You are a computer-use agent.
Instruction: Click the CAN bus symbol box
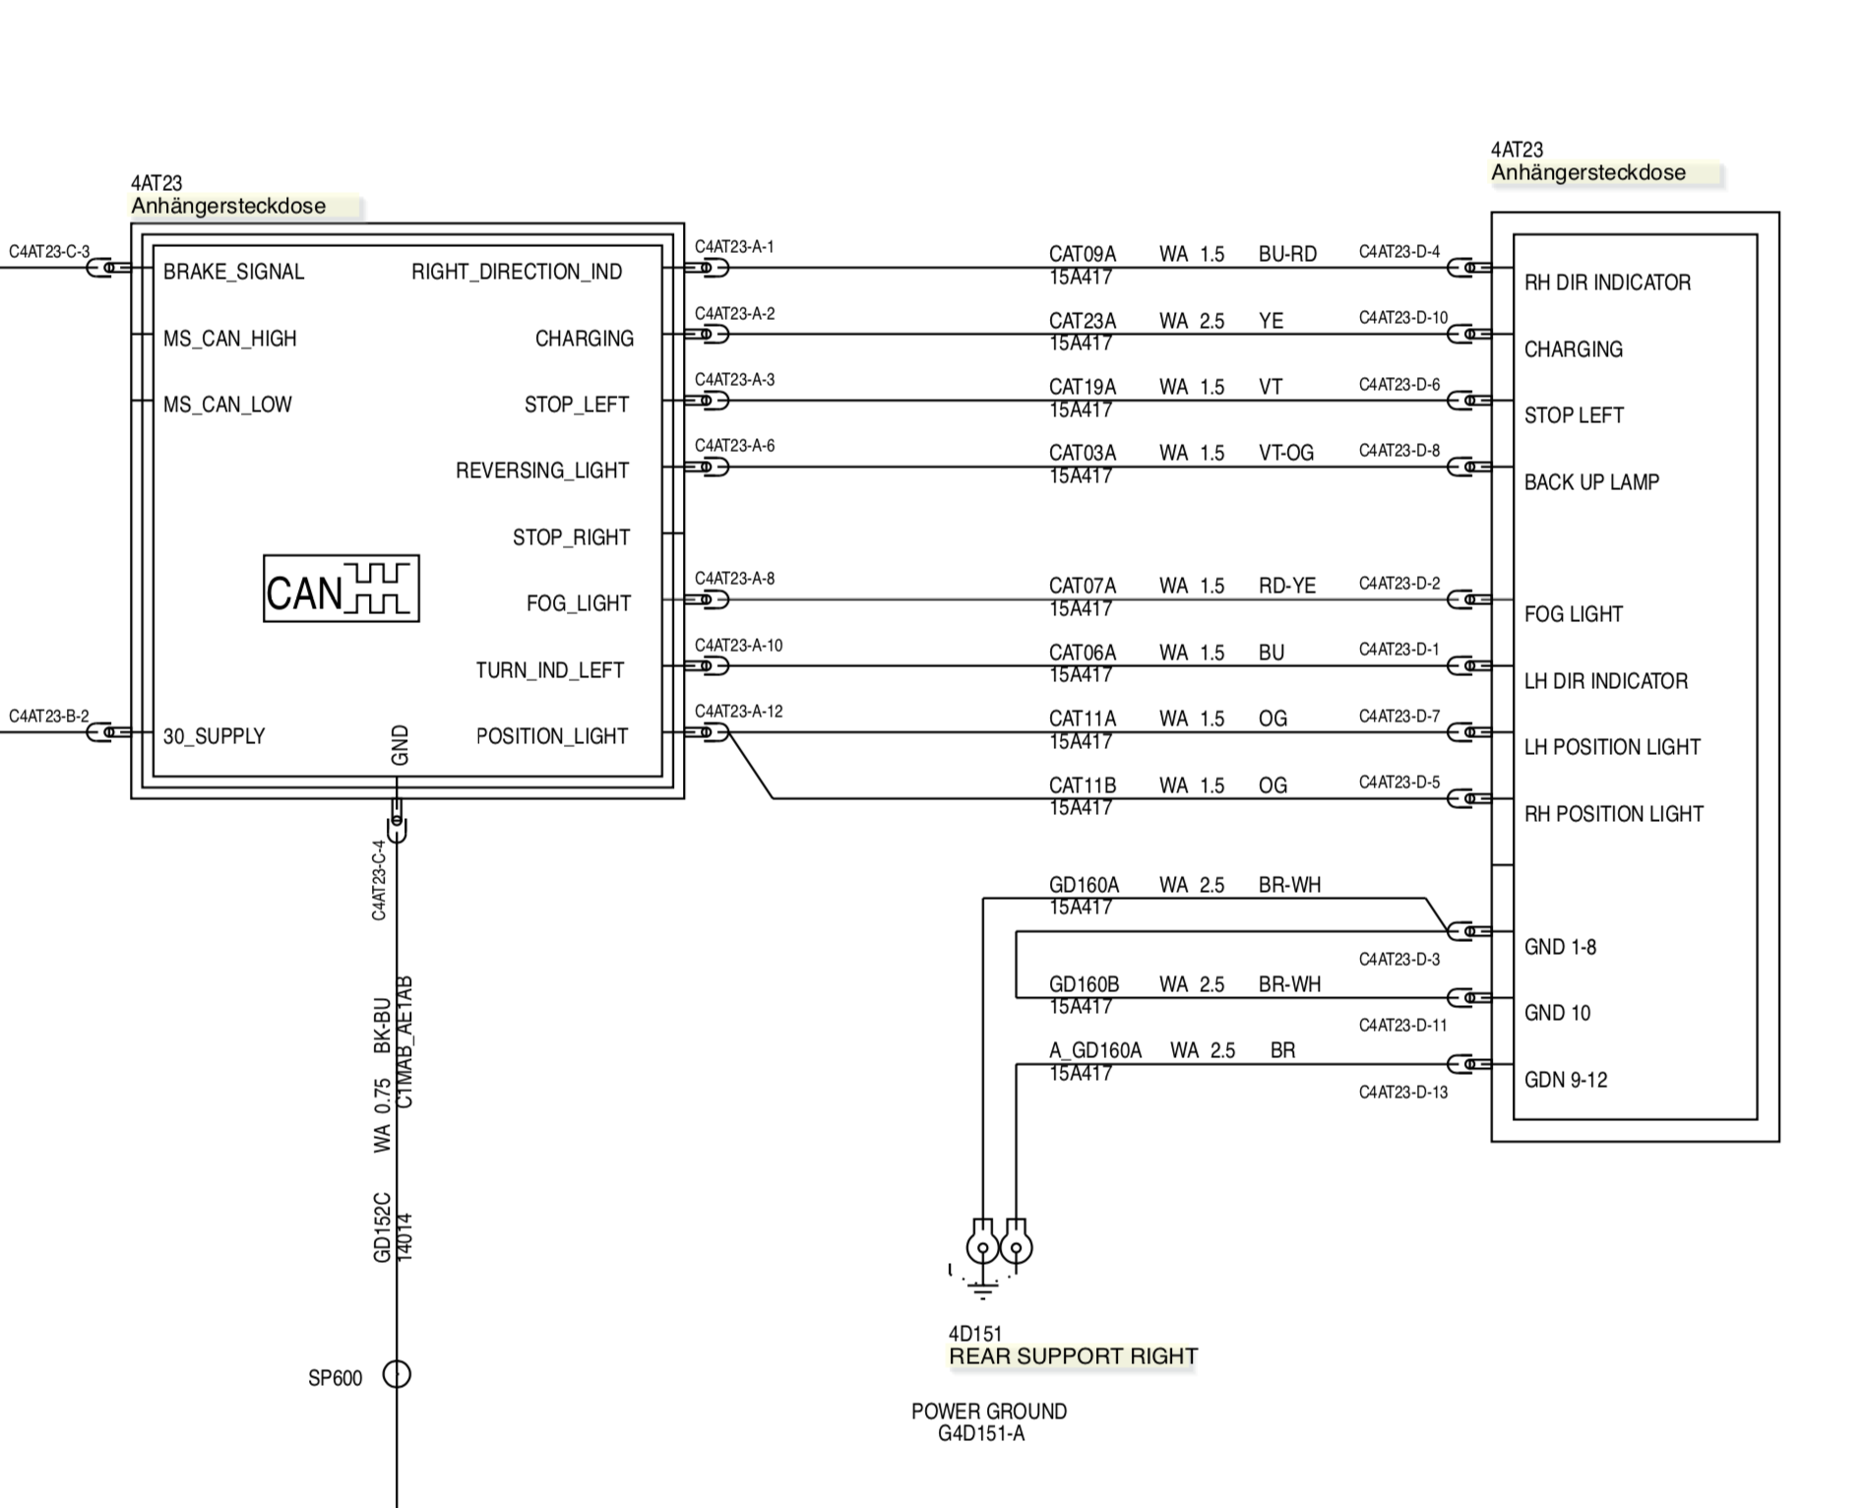[x=341, y=589]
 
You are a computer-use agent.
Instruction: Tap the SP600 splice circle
[x=397, y=1374]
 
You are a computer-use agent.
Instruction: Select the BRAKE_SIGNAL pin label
[x=233, y=272]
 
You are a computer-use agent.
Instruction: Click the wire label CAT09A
[x=1083, y=254]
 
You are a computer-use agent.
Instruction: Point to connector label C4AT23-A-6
[x=734, y=446]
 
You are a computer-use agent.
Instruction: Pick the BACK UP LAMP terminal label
[x=1591, y=482]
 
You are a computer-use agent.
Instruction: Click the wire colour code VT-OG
[x=1285, y=453]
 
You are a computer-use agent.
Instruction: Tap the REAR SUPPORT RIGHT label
[x=1073, y=1356]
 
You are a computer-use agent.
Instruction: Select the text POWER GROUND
[x=988, y=1412]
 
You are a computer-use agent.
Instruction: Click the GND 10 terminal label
[x=1557, y=1013]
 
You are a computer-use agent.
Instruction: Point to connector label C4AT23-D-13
[x=1402, y=1093]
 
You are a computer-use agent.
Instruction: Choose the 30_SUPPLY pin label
[x=214, y=736]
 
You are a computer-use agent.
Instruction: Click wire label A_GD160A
[x=1094, y=1050]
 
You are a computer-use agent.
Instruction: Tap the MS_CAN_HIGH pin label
[x=229, y=339]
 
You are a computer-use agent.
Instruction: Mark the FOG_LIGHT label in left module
[x=578, y=603]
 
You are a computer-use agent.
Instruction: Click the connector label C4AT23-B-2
[x=49, y=717]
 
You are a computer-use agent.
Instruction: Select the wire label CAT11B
[x=1083, y=785]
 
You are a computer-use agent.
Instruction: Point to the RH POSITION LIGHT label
[x=1613, y=814]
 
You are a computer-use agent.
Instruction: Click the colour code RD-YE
[x=1286, y=586]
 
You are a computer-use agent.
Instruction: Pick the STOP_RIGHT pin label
[x=571, y=537]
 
